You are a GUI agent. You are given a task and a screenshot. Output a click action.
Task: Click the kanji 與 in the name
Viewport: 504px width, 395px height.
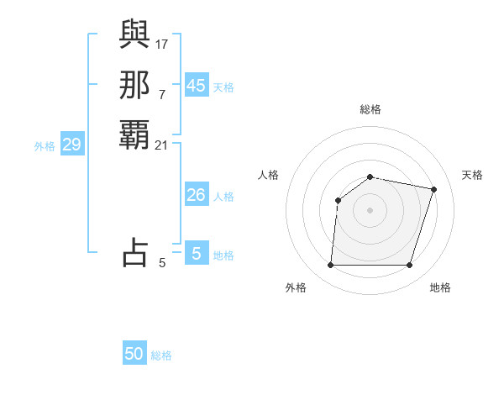[134, 35]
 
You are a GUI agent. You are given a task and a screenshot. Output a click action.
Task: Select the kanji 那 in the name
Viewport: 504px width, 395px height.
[134, 85]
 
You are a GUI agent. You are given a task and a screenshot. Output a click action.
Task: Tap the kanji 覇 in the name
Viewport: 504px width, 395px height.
[134, 134]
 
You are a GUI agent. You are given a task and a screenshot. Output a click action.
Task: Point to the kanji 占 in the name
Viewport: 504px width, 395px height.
[134, 252]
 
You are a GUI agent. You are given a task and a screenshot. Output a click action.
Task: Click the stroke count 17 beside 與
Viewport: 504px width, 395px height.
[162, 44]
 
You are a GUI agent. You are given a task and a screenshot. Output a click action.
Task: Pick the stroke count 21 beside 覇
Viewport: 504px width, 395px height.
[162, 145]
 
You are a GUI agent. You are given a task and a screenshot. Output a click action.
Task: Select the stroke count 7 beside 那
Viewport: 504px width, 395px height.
[162, 94]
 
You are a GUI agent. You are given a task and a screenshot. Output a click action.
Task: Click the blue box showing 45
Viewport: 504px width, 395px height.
[197, 86]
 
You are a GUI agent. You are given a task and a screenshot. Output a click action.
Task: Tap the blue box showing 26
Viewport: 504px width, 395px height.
[197, 195]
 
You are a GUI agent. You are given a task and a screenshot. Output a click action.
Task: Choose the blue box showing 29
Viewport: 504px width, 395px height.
[72, 145]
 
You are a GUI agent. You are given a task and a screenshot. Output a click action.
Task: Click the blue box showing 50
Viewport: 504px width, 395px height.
[134, 354]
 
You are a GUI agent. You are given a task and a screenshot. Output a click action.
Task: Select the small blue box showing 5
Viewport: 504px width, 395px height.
[197, 253]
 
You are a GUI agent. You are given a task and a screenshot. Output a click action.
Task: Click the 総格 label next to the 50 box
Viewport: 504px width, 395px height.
[161, 355]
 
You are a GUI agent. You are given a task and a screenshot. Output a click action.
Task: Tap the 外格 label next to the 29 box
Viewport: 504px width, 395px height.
[45, 146]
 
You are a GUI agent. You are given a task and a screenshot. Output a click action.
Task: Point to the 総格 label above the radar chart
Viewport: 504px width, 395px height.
[370, 109]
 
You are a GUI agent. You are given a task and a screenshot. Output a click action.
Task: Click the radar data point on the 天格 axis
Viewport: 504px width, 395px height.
[433, 189]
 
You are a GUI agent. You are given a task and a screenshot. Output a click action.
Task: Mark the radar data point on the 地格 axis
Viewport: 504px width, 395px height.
[409, 265]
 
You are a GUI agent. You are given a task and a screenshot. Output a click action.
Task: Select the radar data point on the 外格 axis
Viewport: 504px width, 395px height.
[330, 265]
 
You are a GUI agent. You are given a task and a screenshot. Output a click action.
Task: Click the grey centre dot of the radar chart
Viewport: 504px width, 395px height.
[370, 209]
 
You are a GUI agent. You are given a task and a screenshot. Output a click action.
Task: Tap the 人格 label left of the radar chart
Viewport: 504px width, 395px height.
[269, 175]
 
